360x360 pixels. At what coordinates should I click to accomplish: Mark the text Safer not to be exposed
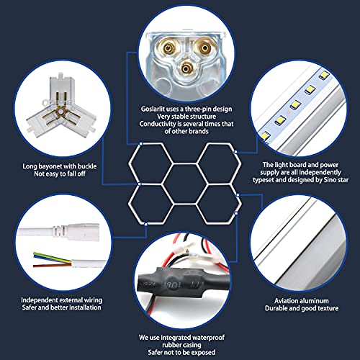point(179,351)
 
